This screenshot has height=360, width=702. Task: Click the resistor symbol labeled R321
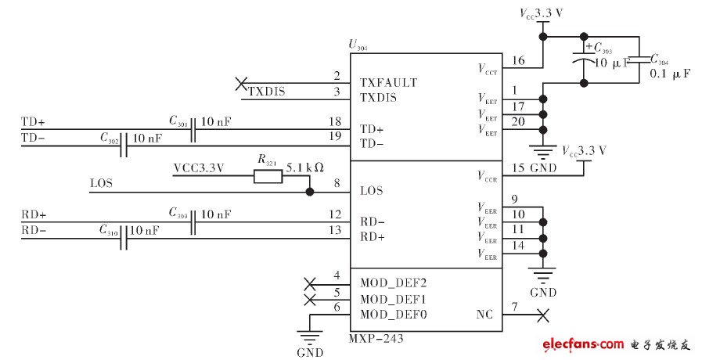[267, 177]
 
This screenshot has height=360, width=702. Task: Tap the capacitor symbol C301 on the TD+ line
[193, 129]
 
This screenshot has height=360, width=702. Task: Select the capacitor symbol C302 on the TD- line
[124, 145]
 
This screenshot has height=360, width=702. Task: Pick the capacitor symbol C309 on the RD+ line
[193, 221]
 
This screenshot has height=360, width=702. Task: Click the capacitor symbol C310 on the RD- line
[124, 237]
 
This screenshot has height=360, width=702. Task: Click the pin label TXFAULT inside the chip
[388, 82]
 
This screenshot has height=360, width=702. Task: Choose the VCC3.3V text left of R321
[198, 167]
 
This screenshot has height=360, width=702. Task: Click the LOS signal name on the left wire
[101, 185]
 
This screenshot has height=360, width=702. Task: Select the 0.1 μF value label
[670, 74]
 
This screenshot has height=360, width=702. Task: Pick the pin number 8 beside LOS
[337, 185]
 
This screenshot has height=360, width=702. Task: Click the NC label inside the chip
[484, 315]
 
